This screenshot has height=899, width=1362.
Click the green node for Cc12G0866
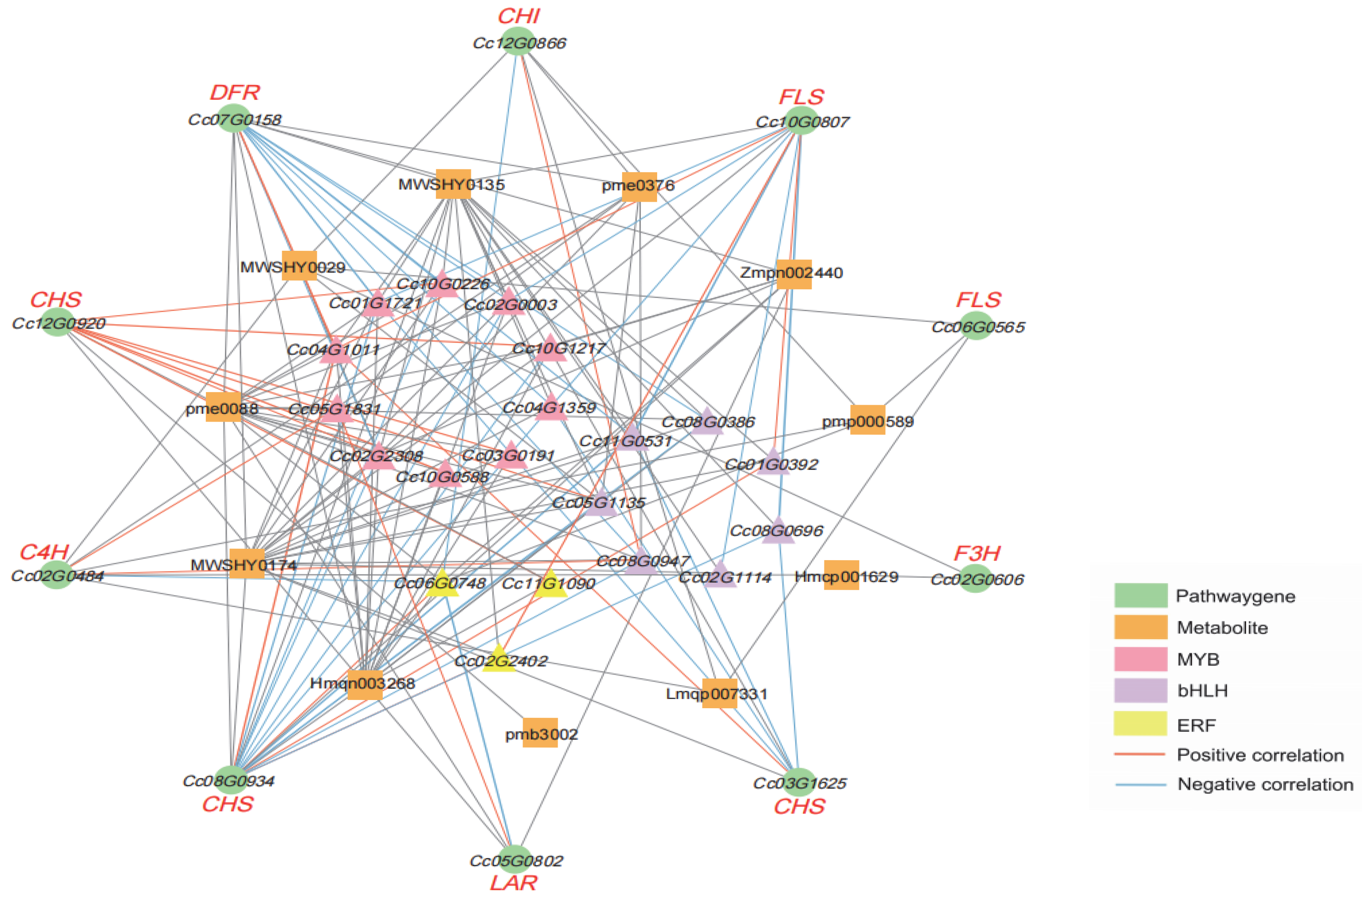(519, 41)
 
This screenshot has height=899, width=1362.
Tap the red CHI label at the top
(519, 16)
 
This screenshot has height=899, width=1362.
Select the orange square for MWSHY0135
(453, 184)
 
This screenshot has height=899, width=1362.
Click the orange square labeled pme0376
(639, 186)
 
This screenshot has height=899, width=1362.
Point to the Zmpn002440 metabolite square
(793, 273)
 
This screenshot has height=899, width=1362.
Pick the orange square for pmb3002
(539, 733)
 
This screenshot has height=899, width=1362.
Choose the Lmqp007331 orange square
(719, 693)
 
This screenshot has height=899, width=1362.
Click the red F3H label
(977, 553)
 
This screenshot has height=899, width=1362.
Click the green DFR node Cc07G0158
(234, 119)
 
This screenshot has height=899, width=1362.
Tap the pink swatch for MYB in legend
(1140, 659)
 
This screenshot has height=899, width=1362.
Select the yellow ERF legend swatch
(1140, 723)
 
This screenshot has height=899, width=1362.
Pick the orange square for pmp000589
(867, 420)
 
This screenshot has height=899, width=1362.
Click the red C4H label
(44, 552)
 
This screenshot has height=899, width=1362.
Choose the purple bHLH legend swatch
(1140, 690)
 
